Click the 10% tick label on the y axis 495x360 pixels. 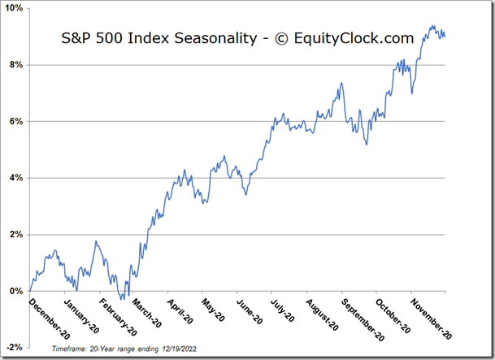tap(15, 8)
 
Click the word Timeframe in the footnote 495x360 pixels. tap(70, 347)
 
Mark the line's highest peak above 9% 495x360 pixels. tap(431, 26)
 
